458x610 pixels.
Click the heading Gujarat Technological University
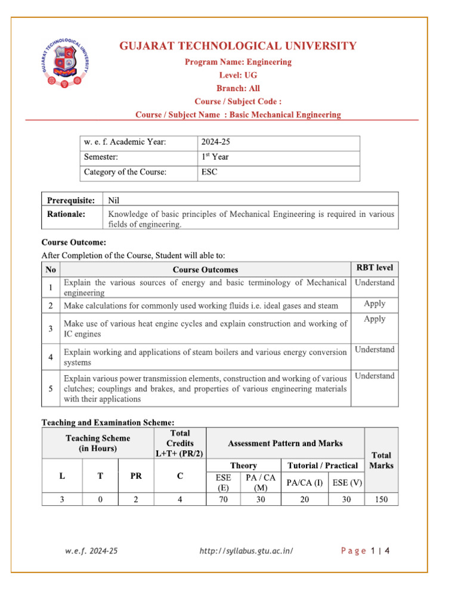pos(238,46)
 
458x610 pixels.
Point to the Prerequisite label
pos(71,200)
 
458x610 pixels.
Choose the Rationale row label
pos(66,213)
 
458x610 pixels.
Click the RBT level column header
pos(375,268)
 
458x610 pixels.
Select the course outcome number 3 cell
pos(51,328)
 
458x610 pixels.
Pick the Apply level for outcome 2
pos(375,304)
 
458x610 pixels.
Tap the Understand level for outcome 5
pos(375,376)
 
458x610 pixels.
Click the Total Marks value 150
pos(381,500)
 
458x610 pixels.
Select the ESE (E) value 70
pos(223,500)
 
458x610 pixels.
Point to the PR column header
pos(136,476)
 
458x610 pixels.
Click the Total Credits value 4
pos(180,500)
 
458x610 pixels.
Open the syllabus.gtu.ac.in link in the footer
pos(246,551)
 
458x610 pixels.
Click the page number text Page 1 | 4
pos(365,551)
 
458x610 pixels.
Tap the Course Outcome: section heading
pos(73,242)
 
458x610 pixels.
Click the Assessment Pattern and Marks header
pos(285,443)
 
